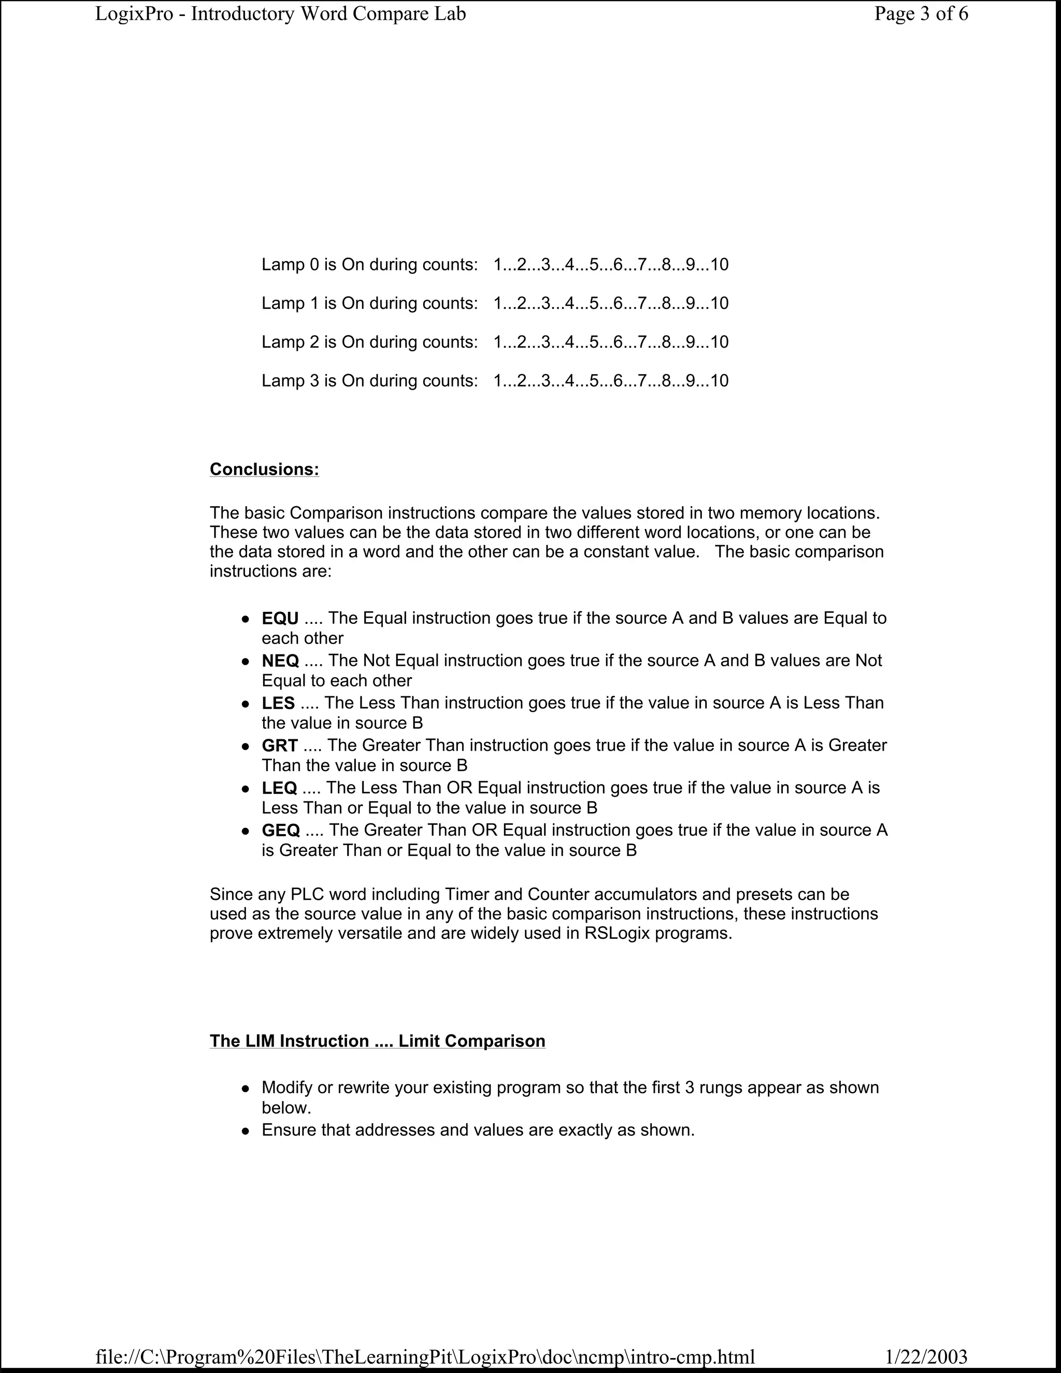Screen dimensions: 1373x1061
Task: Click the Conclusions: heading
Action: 264,469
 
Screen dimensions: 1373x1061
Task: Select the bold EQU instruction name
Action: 280,619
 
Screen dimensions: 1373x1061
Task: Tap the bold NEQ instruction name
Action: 280,661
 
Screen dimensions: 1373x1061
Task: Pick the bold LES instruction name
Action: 278,703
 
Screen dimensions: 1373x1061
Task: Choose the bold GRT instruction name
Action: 280,746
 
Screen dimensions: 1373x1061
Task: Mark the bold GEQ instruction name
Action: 280,831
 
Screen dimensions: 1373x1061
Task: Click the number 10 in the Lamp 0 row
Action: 719,265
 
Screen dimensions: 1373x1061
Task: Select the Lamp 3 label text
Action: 290,381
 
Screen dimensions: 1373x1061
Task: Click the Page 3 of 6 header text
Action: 921,14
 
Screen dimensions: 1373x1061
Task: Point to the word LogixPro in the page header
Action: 134,14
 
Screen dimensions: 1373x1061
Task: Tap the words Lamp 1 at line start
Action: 290,304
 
